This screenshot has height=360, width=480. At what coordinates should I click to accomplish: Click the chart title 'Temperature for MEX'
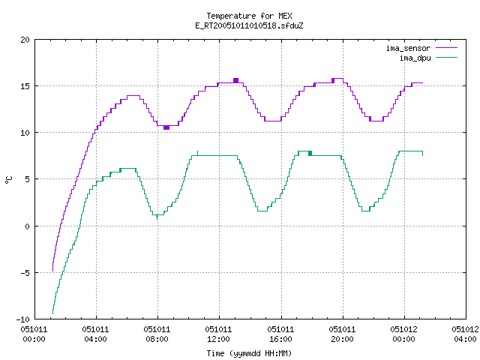249,16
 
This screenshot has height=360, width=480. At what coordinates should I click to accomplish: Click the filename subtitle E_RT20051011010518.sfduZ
249,25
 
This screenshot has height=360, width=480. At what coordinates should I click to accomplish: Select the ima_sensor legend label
408,48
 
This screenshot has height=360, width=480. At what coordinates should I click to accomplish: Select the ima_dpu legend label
415,58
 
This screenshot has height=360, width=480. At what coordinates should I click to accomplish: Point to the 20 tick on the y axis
25,40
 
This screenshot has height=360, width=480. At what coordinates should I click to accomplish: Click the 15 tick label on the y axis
25,86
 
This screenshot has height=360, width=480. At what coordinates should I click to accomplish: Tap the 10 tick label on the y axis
25,133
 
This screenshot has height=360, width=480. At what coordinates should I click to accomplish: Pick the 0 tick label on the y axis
28,226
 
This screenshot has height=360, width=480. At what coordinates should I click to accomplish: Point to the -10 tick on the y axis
23,319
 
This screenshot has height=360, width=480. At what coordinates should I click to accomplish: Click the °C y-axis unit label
9,180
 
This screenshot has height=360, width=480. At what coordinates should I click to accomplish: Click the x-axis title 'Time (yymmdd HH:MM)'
249,353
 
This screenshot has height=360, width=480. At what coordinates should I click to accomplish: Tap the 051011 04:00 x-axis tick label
95,334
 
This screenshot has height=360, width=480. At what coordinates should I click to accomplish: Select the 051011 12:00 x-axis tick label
218,334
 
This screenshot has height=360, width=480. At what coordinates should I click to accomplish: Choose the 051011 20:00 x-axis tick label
342,334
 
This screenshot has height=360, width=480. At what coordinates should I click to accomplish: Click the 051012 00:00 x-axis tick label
403,334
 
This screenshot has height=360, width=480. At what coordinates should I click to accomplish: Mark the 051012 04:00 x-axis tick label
465,334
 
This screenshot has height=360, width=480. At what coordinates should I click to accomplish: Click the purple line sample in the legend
446,48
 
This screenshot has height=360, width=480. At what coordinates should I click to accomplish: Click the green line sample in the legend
446,58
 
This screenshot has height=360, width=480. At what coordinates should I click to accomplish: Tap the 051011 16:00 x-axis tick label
280,334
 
